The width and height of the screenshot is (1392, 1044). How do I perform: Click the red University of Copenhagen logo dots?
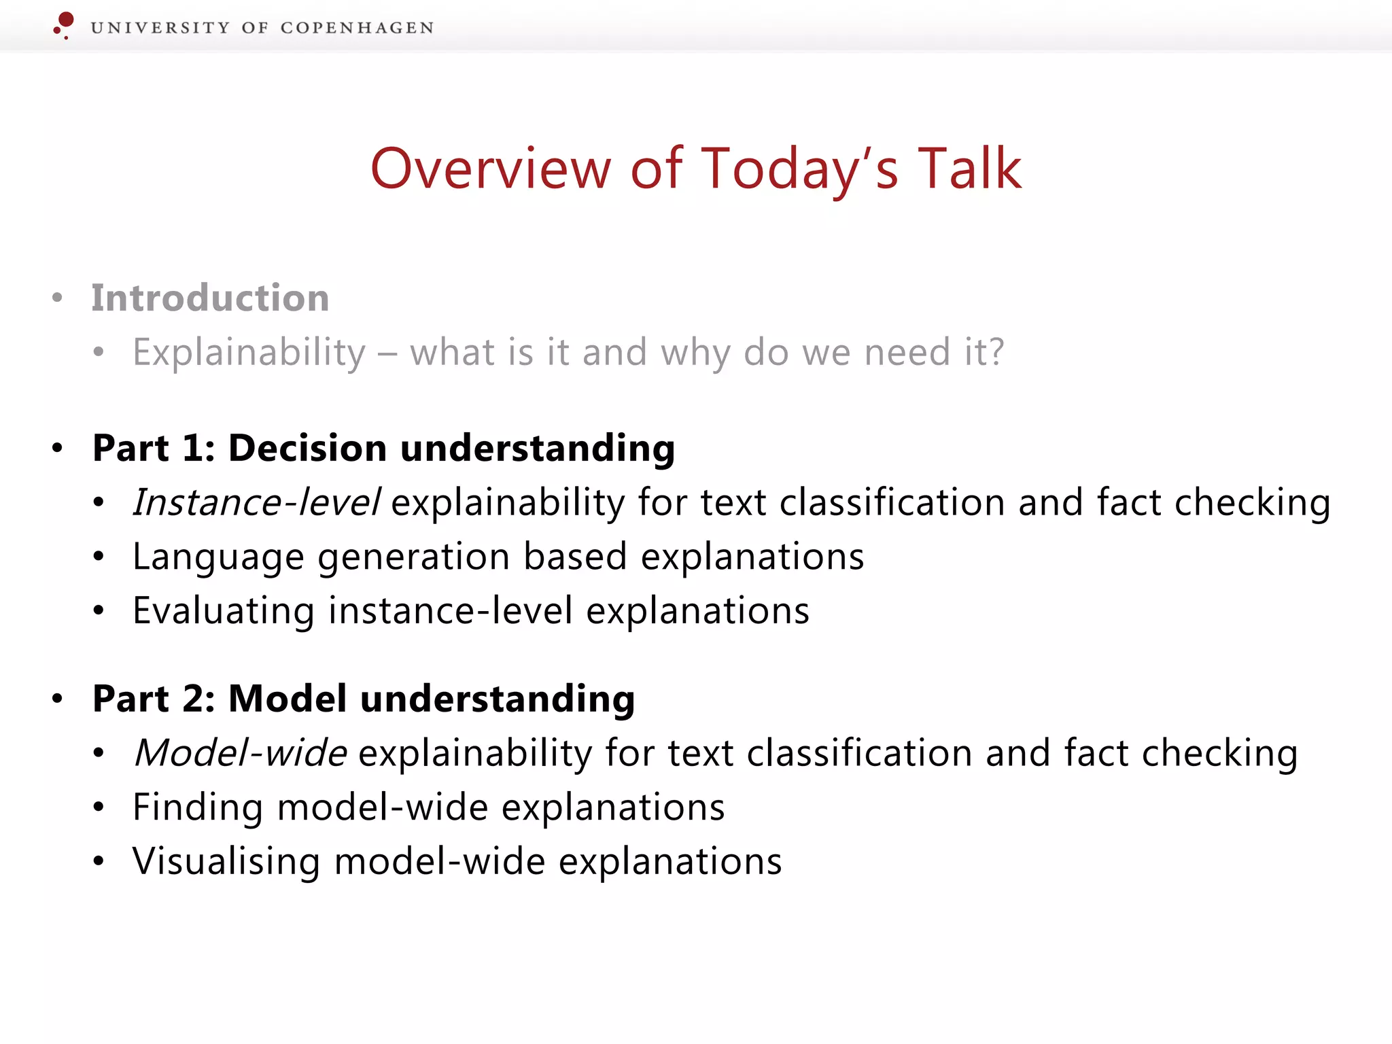click(x=64, y=24)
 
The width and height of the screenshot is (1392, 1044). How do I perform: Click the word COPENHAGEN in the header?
click(x=357, y=28)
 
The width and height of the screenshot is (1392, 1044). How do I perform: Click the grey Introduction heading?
click(x=210, y=298)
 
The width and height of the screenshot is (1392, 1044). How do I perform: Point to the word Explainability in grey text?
click(x=249, y=352)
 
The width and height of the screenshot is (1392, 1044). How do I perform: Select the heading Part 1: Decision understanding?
click(x=383, y=448)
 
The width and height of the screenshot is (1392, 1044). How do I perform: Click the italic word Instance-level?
click(x=256, y=502)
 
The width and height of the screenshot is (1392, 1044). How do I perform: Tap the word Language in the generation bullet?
click(x=218, y=557)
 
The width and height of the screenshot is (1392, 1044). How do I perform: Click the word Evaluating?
click(x=223, y=610)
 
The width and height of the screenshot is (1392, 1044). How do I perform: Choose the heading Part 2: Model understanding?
click(x=364, y=699)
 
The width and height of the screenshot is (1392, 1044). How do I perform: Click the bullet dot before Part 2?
click(x=58, y=699)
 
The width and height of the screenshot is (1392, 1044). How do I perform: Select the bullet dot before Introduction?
click(x=58, y=298)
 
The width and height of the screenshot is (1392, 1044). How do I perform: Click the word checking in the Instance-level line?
click(x=1252, y=504)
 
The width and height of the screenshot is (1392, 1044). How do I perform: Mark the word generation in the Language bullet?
click(x=413, y=557)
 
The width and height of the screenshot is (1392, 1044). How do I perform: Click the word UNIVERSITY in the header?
click(x=160, y=28)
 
